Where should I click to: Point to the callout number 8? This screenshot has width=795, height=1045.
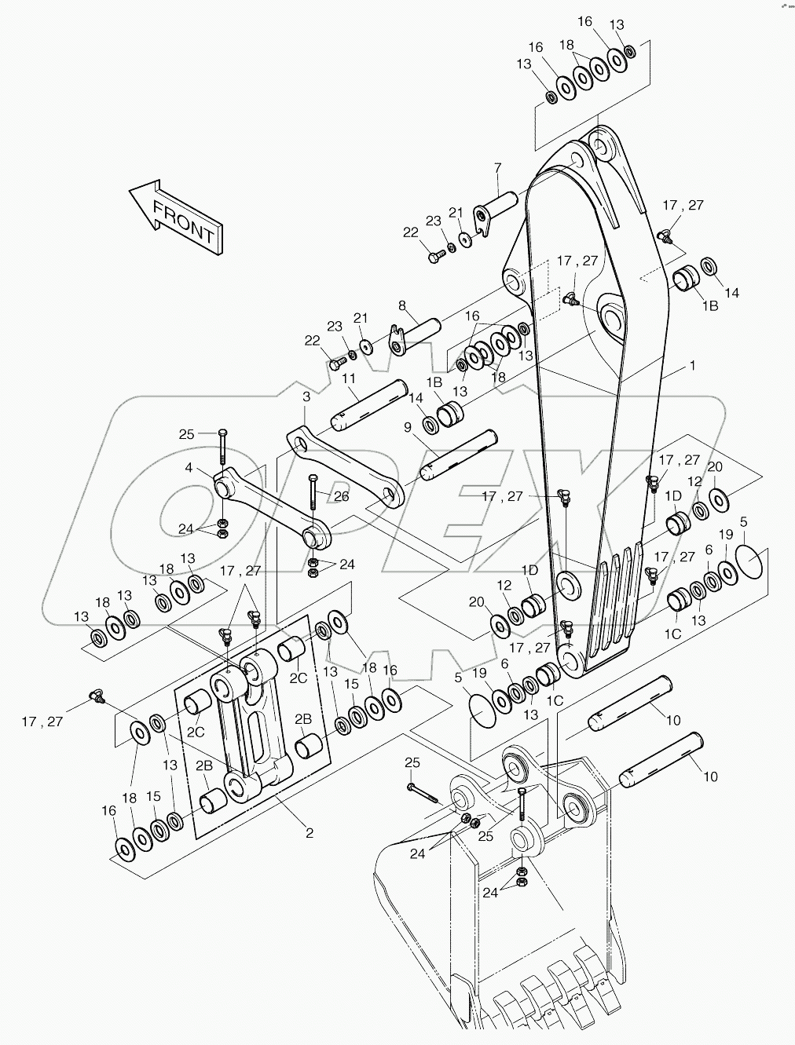click(401, 305)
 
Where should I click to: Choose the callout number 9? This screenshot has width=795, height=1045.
click(408, 427)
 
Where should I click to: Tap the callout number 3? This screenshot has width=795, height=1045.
click(306, 398)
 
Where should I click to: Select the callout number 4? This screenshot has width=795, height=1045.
click(189, 468)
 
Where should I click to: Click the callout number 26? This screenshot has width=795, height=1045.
click(340, 495)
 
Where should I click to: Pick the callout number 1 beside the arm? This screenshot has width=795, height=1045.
click(692, 365)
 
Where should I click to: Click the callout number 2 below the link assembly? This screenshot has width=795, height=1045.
click(310, 832)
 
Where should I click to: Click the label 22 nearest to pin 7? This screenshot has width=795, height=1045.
click(410, 232)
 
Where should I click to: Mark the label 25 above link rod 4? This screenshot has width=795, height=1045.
click(185, 433)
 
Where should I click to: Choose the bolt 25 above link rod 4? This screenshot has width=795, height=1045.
click(222, 447)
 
